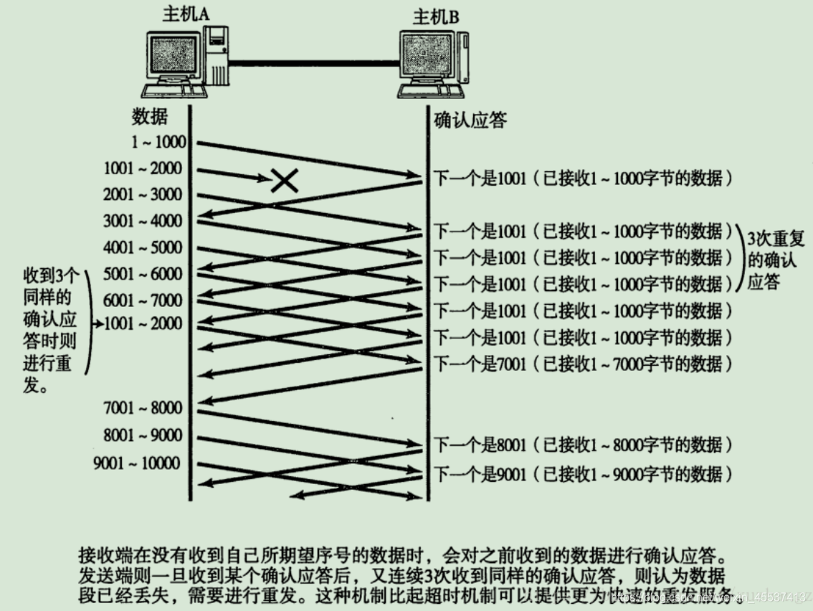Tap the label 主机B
pyautogui.click(x=436, y=16)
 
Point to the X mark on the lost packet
pyautogui.click(x=285, y=180)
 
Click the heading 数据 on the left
pyautogui.click(x=149, y=118)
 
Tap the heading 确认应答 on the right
pyautogui.click(x=470, y=120)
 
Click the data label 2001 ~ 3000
pyautogui.click(x=143, y=194)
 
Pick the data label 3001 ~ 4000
pyautogui.click(x=143, y=221)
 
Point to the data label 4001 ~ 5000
pyautogui.click(x=143, y=247)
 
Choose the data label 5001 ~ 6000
pyautogui.click(x=143, y=273)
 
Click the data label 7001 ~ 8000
pyautogui.click(x=143, y=408)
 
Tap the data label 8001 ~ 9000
pyautogui.click(x=143, y=435)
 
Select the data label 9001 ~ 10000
pyautogui.click(x=136, y=463)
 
